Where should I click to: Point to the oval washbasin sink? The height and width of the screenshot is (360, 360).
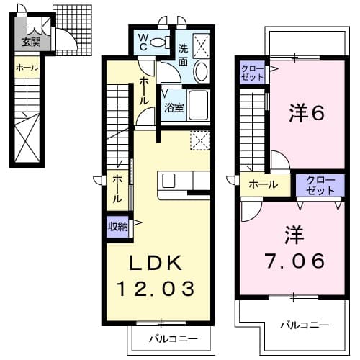coord(201,72)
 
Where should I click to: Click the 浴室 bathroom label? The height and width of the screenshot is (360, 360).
coord(174,109)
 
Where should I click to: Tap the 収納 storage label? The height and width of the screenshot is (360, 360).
coord(117,227)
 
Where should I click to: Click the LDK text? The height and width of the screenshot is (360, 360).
coord(157,262)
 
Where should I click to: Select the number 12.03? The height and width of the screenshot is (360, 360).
coord(158,289)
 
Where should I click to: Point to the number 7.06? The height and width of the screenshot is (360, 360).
coord(293,258)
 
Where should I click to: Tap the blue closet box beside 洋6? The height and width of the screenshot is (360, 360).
coord(252,71)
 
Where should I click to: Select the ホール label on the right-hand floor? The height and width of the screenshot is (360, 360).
coord(264,185)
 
